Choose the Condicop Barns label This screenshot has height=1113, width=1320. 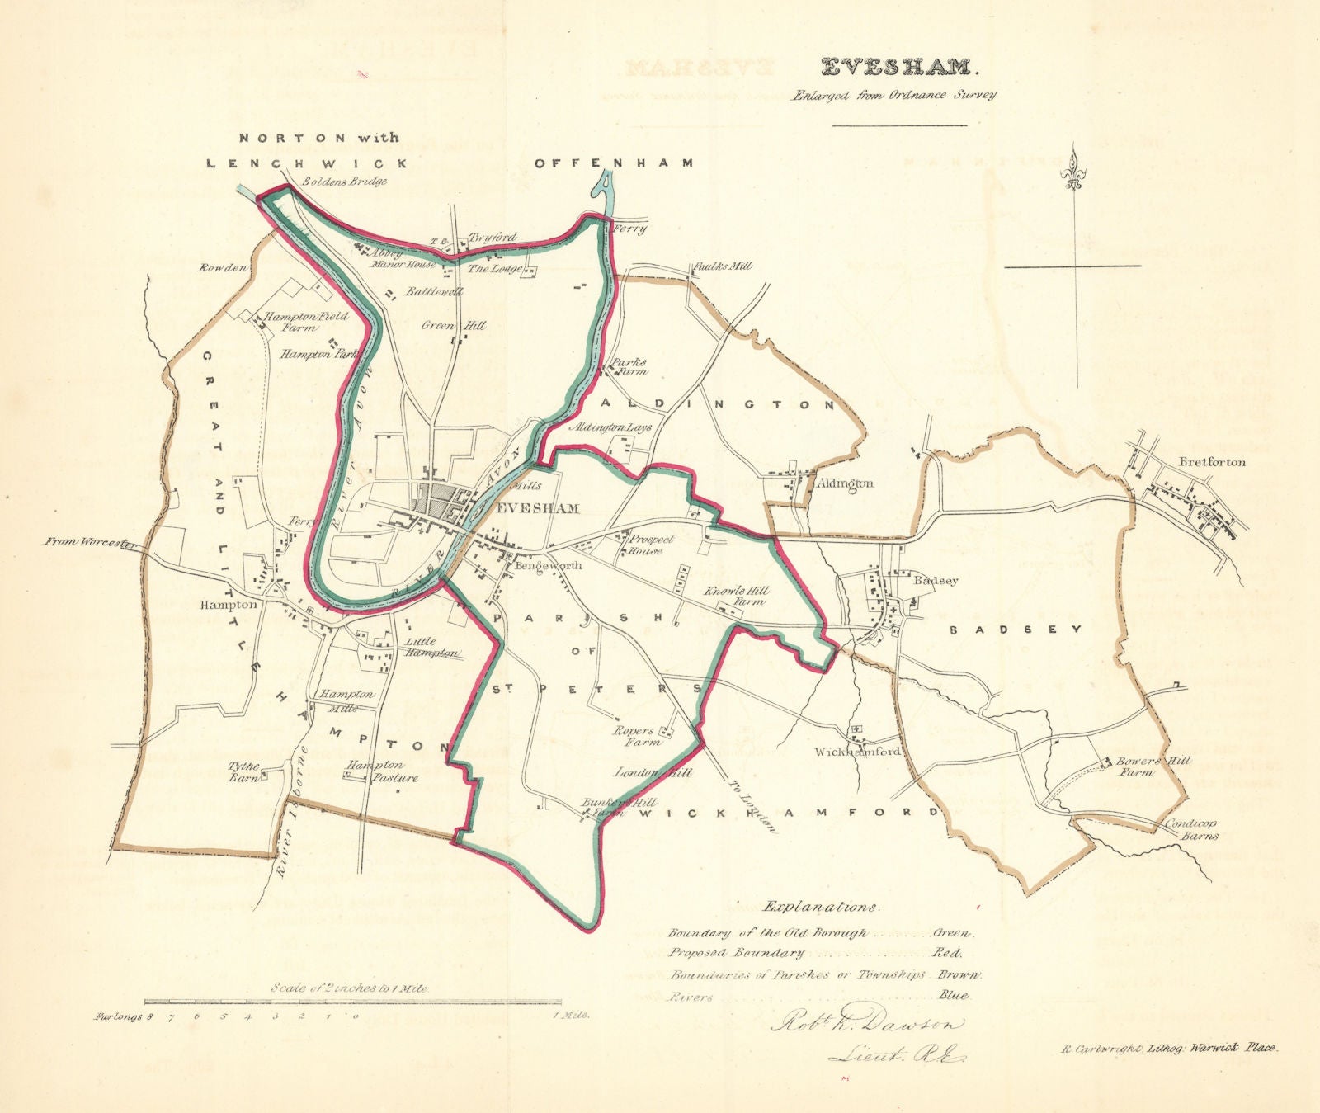[1190, 829]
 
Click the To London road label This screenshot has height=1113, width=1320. [752, 805]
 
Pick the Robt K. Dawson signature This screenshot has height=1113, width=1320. [866, 1024]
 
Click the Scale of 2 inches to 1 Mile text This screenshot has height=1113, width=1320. [351, 987]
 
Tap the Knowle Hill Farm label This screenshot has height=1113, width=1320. [734, 596]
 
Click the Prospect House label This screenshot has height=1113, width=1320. [651, 544]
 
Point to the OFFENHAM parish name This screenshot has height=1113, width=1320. [614, 163]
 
